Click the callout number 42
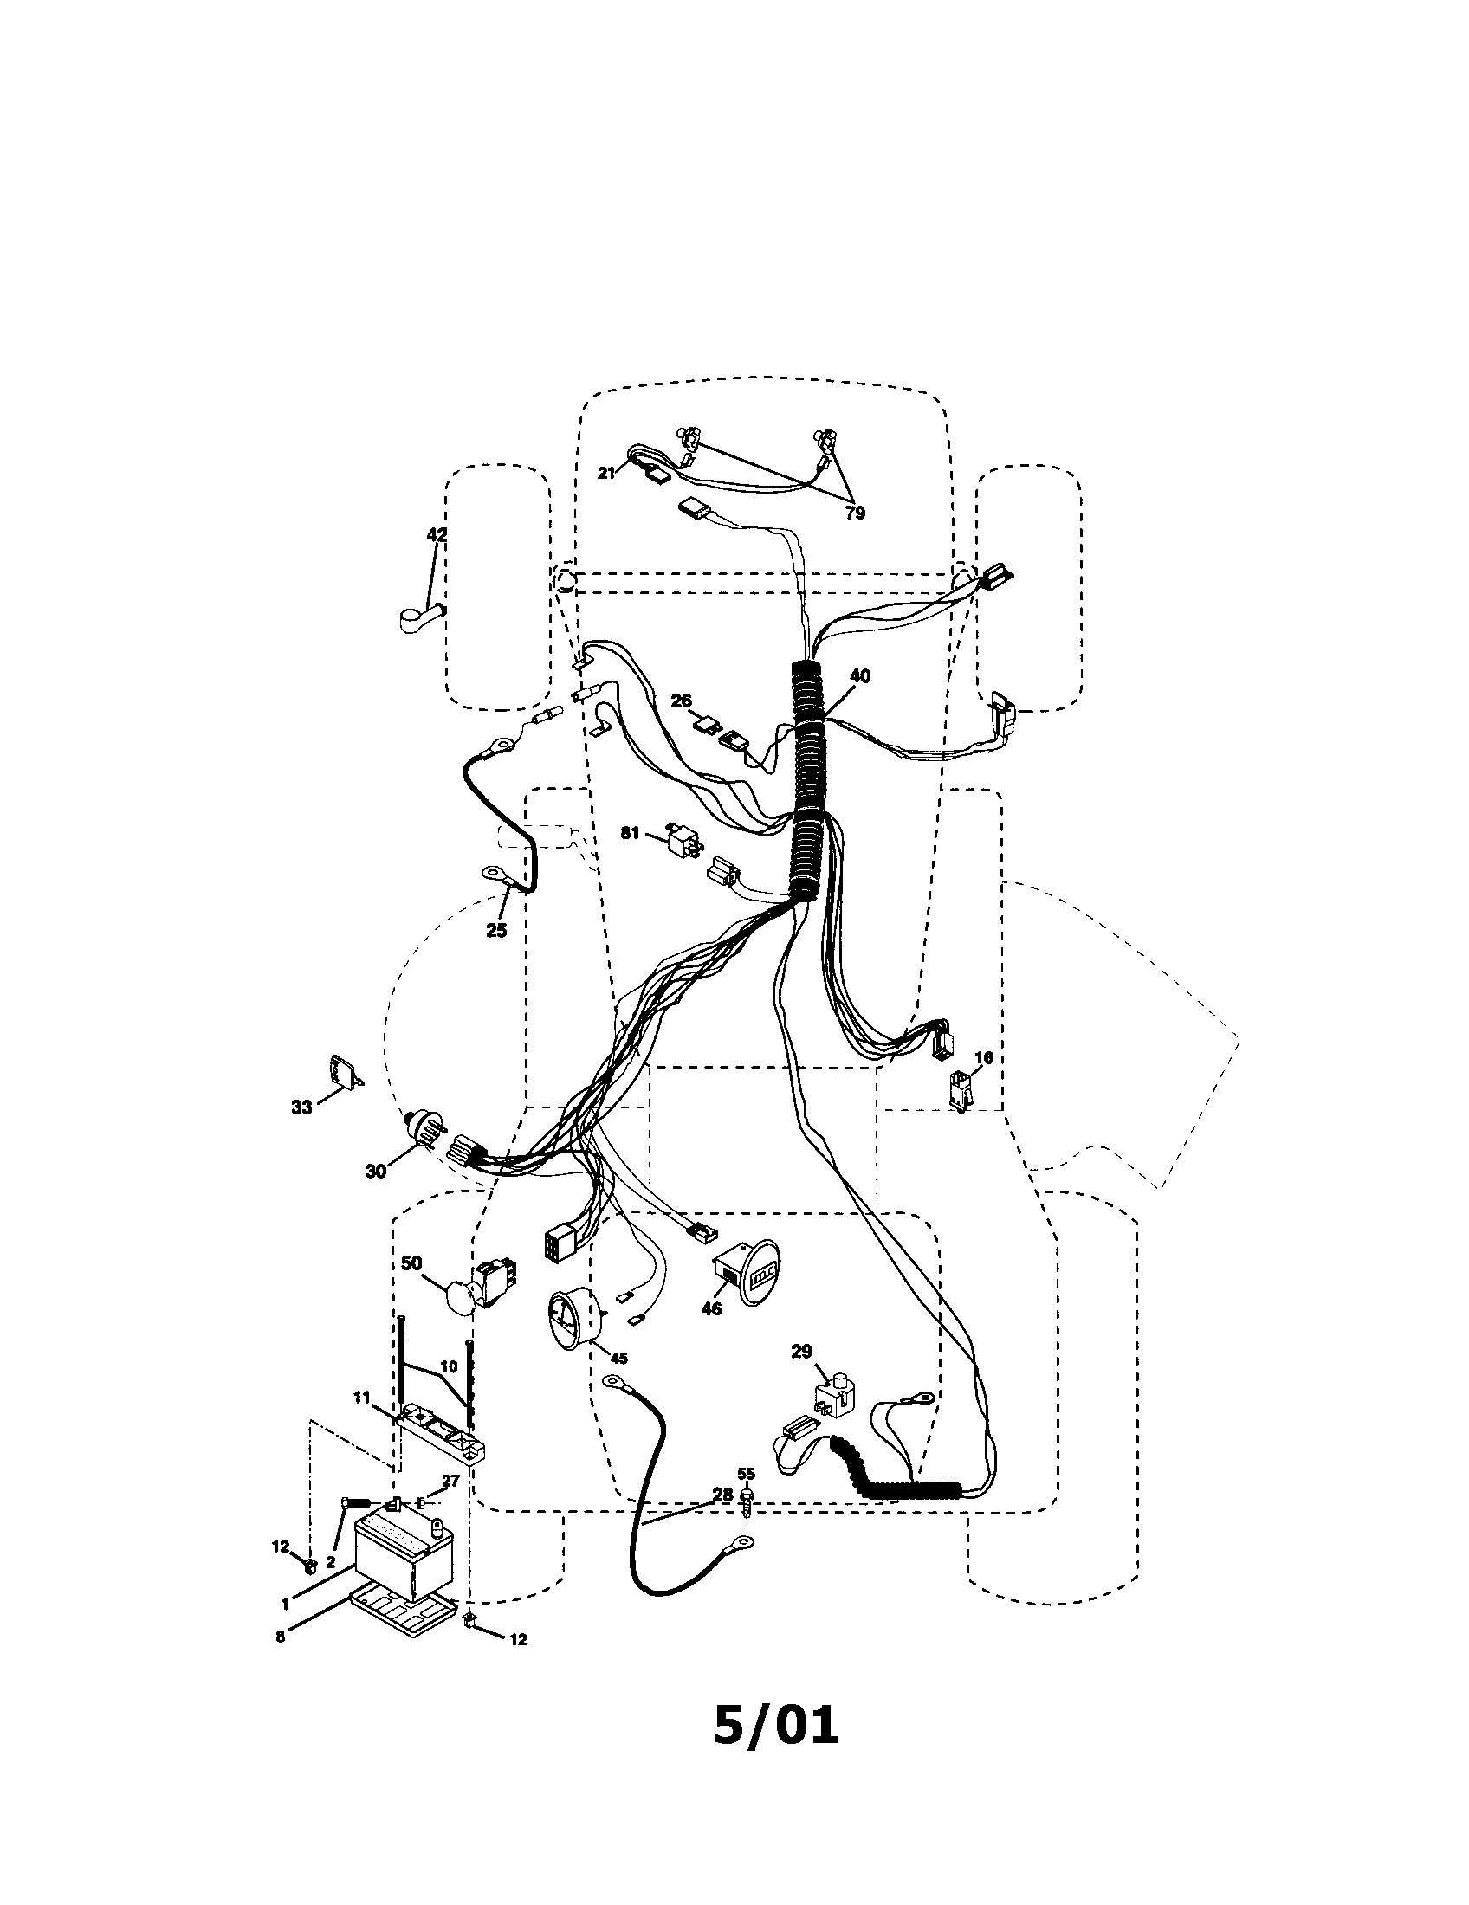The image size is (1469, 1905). click(x=437, y=534)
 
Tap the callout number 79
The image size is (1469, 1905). click(x=855, y=513)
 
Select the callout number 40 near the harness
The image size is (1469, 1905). click(x=859, y=676)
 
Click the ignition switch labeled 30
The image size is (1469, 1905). click(x=424, y=1133)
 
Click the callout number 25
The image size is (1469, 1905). click(x=495, y=931)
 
